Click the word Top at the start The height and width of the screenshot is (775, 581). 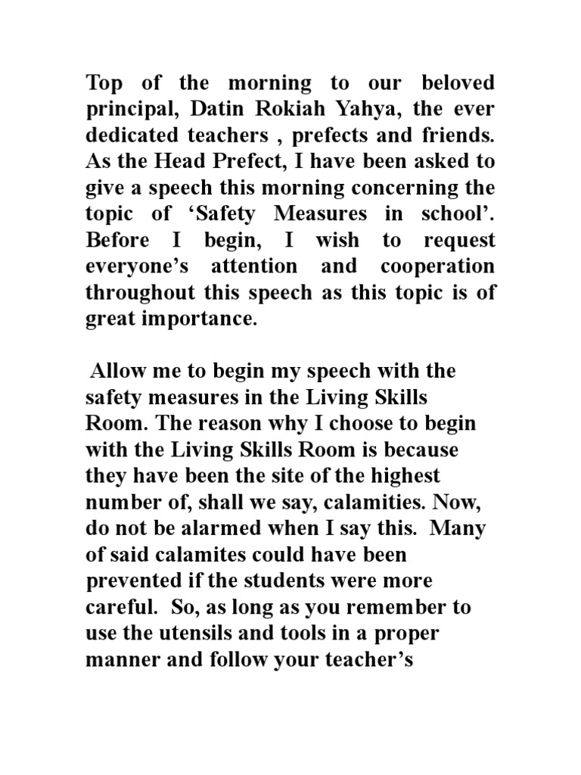point(104,82)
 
